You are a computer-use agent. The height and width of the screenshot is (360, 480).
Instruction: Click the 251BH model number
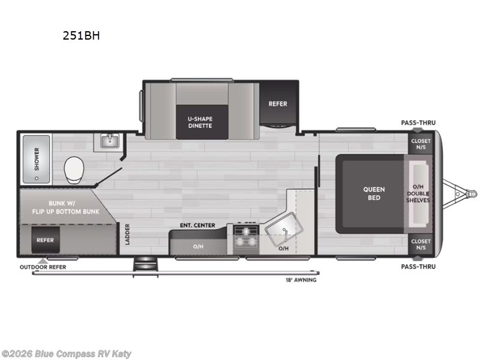point(81,35)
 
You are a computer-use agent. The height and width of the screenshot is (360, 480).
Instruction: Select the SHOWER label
point(36,160)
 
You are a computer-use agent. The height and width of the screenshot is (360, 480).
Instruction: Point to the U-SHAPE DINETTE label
point(200,122)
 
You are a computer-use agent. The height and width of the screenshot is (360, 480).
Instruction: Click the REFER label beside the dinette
point(278,104)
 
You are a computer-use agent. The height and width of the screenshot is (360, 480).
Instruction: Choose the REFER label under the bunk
point(45,240)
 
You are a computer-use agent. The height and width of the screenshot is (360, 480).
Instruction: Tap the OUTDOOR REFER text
point(43,267)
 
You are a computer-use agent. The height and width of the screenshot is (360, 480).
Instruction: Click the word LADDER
point(127,235)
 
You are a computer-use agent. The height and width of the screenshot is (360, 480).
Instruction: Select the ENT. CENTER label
point(197,226)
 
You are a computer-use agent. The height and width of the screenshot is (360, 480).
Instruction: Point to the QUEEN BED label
point(374,193)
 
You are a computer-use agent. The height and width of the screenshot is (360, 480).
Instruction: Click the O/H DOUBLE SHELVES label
point(418,193)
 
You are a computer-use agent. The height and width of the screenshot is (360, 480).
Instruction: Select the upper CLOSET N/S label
point(420,144)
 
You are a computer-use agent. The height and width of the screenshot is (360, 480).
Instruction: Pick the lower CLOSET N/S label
point(420,244)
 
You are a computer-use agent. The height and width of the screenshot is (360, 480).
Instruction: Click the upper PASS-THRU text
point(418,123)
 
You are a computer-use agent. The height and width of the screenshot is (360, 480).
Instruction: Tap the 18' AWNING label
point(301,280)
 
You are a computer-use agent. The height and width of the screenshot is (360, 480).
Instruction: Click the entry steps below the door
point(145,263)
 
